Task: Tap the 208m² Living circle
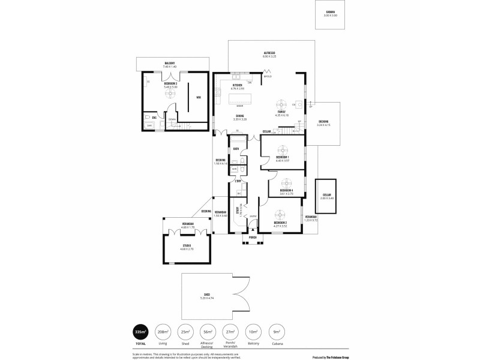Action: pyautogui.click(x=162, y=332)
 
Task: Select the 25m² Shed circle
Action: pyautogui.click(x=185, y=332)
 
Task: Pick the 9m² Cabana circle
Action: pyautogui.click(x=277, y=332)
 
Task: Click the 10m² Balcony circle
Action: pyautogui.click(x=254, y=332)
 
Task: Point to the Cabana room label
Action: pyautogui.click(x=330, y=12)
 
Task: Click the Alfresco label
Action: pyautogui.click(x=269, y=53)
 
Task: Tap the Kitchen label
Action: pyautogui.click(x=238, y=85)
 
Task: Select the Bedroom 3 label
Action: pyautogui.click(x=171, y=83)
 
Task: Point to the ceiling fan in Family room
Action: pyautogui.click(x=280, y=101)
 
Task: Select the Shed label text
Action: pyautogui.click(x=207, y=295)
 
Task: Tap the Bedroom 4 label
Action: pyautogui.click(x=286, y=191)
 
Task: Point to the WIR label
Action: pyautogui.click(x=198, y=97)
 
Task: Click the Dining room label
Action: pyautogui.click(x=239, y=116)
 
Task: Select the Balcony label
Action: pyautogui.click(x=170, y=63)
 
